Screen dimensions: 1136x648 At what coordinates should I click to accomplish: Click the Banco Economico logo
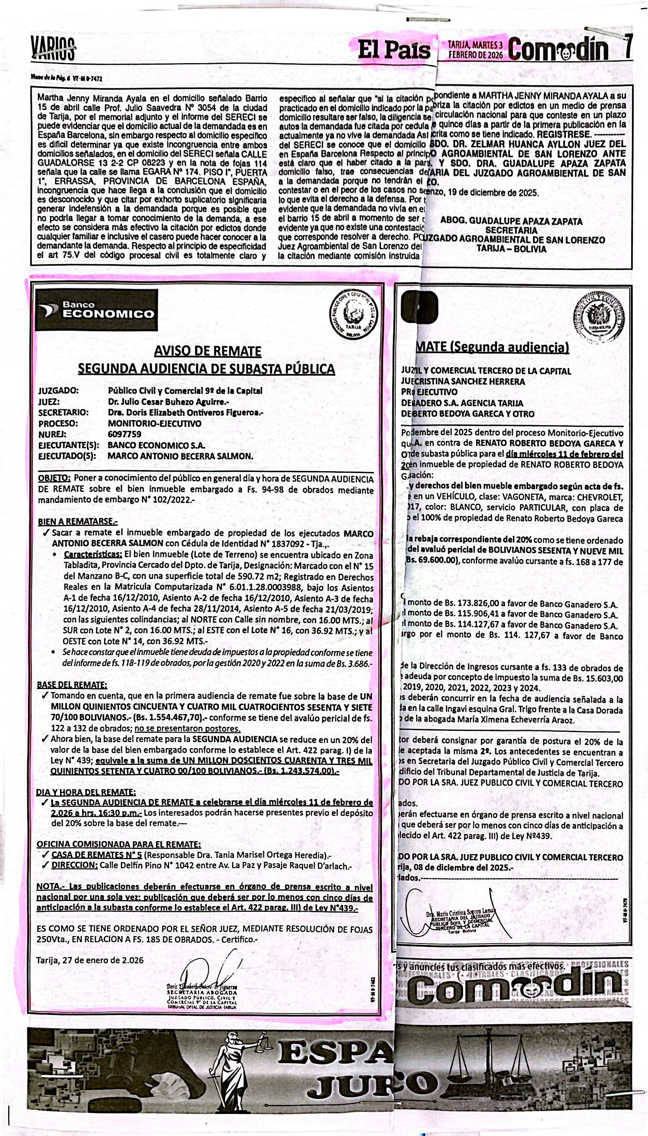point(97,310)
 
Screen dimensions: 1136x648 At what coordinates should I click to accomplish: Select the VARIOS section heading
point(53,49)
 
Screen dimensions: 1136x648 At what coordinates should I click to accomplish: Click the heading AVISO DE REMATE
point(208,351)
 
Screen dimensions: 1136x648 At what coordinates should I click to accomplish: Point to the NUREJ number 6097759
point(125,434)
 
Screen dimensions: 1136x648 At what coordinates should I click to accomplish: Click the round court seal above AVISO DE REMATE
point(355,317)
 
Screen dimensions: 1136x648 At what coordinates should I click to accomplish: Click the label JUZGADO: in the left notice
point(58,391)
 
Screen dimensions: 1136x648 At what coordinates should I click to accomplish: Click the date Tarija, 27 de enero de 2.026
point(90,960)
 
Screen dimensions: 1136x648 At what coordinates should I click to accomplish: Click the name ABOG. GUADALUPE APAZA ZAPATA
point(511,221)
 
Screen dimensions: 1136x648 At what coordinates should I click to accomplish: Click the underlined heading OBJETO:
point(54,478)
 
